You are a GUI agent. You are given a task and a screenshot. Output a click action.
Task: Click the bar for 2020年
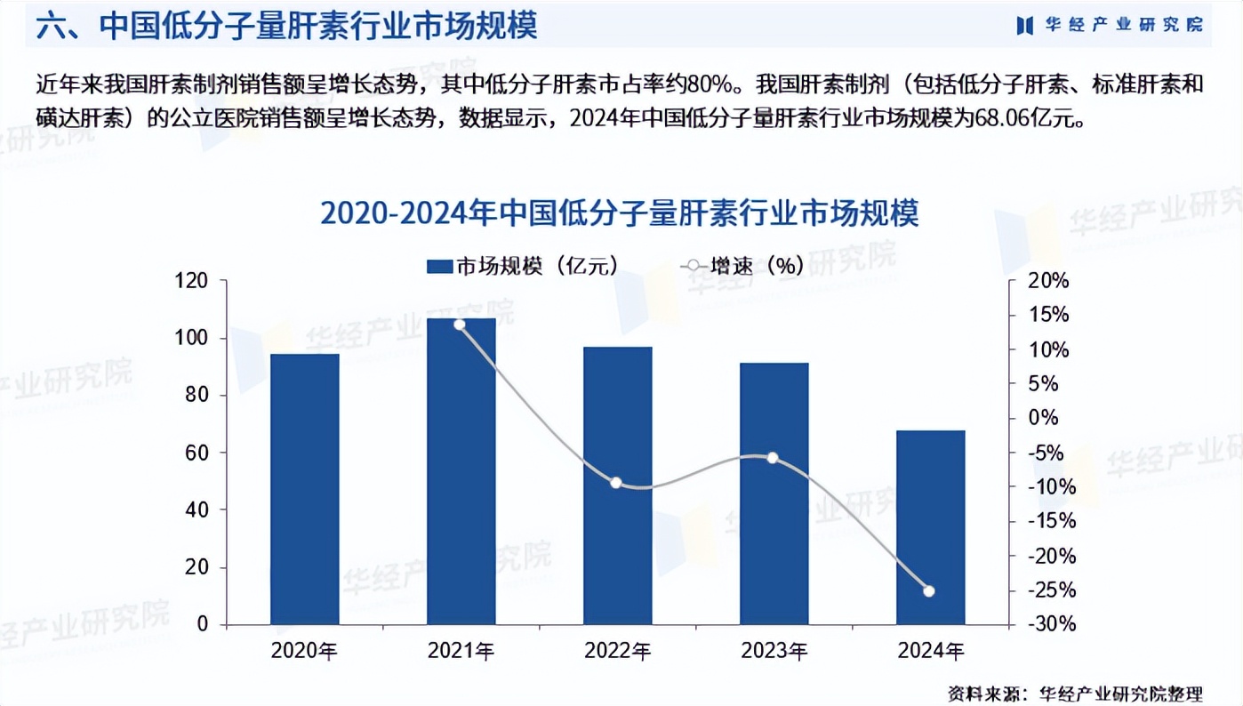click(305, 489)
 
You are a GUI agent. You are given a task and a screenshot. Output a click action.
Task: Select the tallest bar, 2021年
click(461, 471)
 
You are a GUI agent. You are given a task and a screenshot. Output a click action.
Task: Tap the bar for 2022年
click(618, 485)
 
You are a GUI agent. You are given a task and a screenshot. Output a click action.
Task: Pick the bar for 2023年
click(774, 493)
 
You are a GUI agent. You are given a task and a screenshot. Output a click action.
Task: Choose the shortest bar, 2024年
click(931, 527)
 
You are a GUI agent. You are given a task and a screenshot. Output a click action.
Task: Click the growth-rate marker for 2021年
click(460, 325)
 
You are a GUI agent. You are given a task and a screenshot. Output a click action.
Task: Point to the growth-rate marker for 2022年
click(616, 483)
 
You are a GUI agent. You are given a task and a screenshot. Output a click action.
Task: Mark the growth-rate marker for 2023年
click(773, 458)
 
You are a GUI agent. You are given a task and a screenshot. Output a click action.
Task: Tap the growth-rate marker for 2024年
click(929, 591)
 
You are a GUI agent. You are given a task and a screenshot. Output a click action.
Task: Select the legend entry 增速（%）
click(742, 266)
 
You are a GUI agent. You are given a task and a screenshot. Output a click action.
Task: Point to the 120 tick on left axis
click(191, 281)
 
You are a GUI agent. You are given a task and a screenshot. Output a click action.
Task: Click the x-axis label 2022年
click(618, 652)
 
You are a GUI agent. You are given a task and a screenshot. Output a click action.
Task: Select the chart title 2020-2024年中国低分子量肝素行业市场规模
click(619, 214)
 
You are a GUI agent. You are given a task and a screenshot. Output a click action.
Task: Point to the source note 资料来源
click(1074, 693)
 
